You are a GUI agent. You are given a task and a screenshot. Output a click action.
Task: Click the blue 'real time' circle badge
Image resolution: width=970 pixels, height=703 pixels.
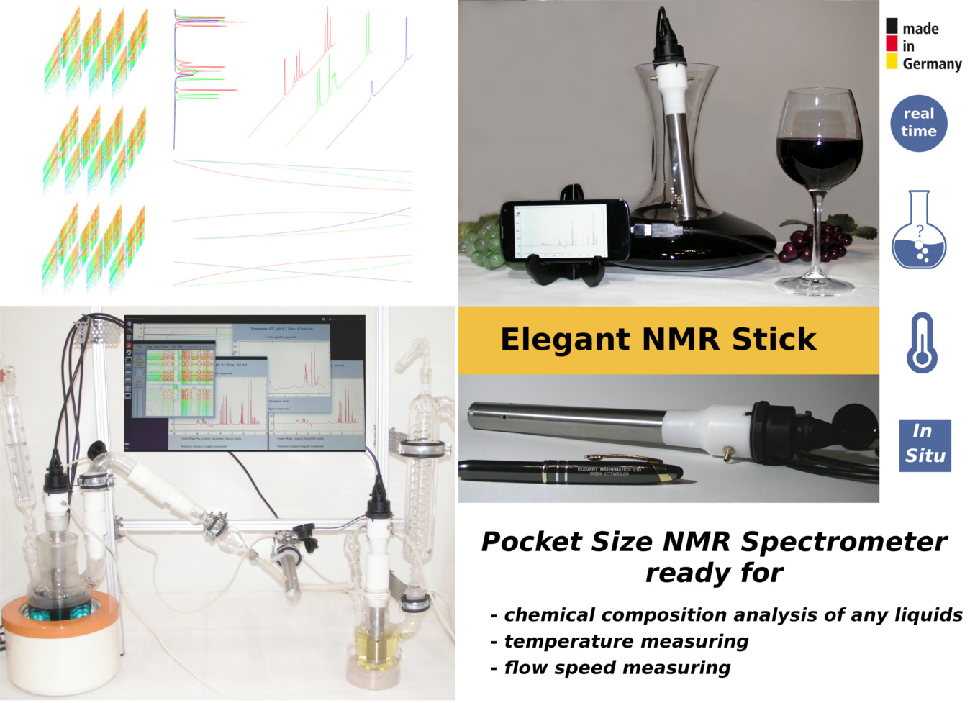pos(918,123)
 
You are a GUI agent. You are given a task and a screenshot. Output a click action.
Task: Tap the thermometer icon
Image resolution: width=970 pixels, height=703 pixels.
pos(921,343)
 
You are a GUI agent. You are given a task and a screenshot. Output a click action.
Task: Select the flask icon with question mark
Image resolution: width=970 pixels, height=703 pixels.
pos(919,232)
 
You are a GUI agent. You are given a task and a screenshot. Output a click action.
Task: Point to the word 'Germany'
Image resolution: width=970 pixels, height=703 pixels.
pos(932,64)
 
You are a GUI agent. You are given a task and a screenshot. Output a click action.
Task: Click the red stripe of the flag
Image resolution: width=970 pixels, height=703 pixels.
pos(892,44)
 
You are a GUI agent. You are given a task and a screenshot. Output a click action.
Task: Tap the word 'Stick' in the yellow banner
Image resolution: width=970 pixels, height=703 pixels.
pos(774,340)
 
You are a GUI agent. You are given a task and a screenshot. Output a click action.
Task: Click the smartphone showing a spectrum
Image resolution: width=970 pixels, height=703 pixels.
pos(565,230)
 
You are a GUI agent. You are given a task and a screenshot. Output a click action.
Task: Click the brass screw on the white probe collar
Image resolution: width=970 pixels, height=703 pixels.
pos(728,453)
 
